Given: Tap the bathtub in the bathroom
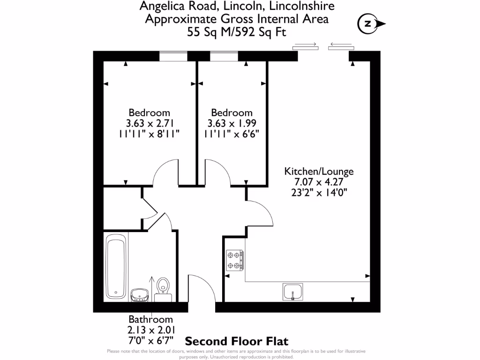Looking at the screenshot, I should point(115,267).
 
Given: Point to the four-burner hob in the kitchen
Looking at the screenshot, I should point(235,261).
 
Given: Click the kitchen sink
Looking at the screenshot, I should point(293,292).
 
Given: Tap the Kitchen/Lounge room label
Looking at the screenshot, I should point(319,171).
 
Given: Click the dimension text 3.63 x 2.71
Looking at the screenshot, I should point(149,123).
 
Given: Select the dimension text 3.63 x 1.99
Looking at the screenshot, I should point(232,123).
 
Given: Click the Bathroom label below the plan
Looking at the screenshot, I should point(150,320).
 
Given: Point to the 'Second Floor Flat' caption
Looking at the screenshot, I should point(237,341).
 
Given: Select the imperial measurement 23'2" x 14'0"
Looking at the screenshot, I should point(319,192).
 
